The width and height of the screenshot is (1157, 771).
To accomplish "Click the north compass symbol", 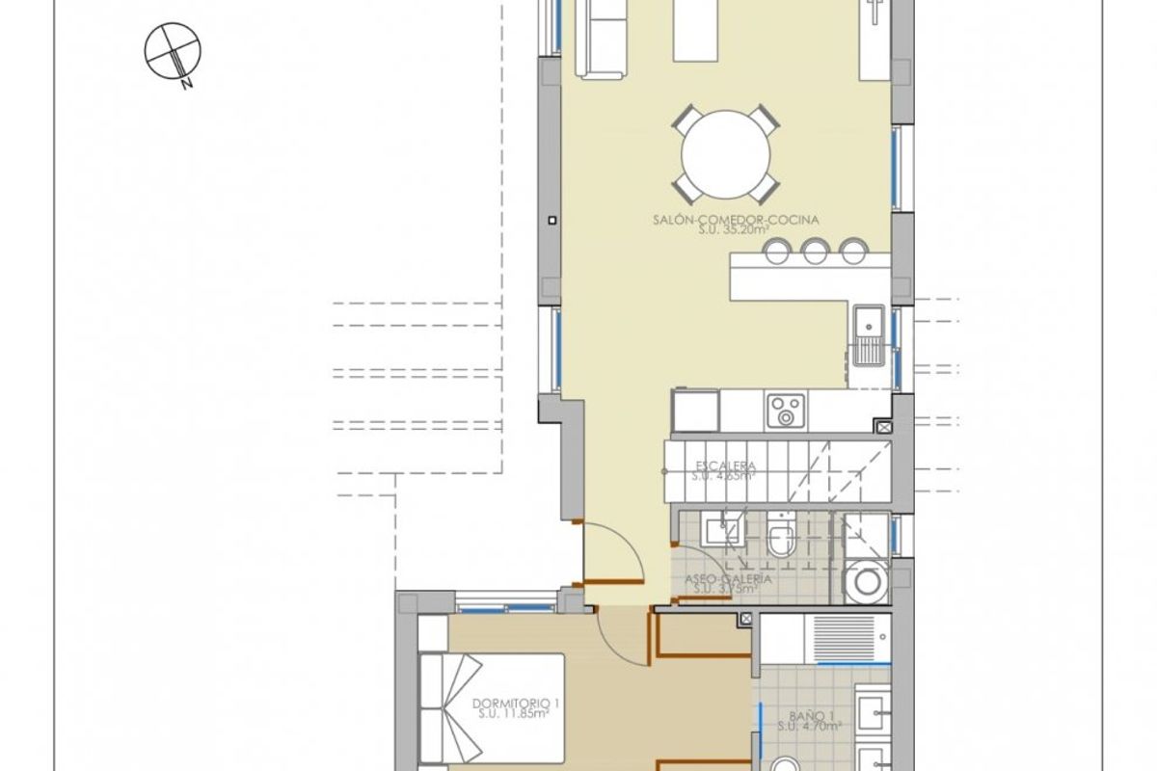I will tap(171, 50).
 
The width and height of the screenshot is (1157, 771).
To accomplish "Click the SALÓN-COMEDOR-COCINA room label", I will tap(735, 220).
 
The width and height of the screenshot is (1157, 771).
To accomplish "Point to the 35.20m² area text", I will tap(735, 231).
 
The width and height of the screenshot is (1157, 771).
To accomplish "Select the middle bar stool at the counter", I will tap(816, 253).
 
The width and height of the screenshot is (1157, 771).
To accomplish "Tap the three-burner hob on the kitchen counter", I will tap(785, 411).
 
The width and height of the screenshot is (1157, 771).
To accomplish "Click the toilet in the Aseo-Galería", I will tap(782, 540).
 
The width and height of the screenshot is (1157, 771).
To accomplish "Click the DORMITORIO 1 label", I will tap(511, 702).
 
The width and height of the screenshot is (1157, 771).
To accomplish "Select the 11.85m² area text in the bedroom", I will tap(511, 714).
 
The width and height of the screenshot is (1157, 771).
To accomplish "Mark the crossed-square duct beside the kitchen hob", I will tap(883, 425).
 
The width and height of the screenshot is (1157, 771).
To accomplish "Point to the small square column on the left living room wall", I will tap(552, 221).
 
